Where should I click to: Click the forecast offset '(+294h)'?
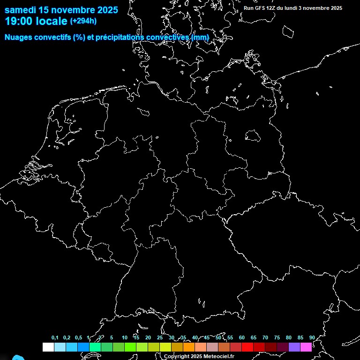(x=83, y=21)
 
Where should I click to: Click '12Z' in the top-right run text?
(x=271, y=8)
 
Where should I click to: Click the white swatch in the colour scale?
(x=48, y=347)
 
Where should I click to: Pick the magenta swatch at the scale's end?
(x=306, y=347)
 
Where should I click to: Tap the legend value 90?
(x=312, y=337)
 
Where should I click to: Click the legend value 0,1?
(x=55, y=337)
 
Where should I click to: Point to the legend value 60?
(x=241, y=337)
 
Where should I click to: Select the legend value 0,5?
(x=78, y=337)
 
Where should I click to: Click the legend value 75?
(x=277, y=337)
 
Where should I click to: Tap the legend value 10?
(x=124, y=337)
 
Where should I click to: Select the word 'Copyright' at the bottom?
(x=176, y=357)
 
